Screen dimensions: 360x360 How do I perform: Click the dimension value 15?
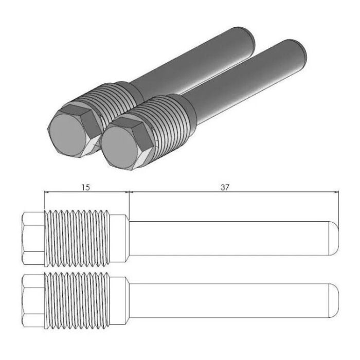(85, 188)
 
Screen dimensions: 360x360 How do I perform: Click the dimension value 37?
(225, 188)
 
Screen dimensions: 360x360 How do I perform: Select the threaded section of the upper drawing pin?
(77, 238)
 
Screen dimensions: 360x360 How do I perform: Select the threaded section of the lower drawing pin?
(77, 300)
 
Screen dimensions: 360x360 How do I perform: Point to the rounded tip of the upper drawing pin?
(334, 238)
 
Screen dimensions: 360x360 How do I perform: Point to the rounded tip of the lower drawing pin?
(334, 300)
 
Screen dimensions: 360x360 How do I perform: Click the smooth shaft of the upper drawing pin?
(226, 238)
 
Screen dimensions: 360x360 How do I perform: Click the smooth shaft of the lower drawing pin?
(226, 300)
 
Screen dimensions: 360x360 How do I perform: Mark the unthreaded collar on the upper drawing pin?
(119, 238)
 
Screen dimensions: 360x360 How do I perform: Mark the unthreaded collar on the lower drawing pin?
(119, 300)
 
